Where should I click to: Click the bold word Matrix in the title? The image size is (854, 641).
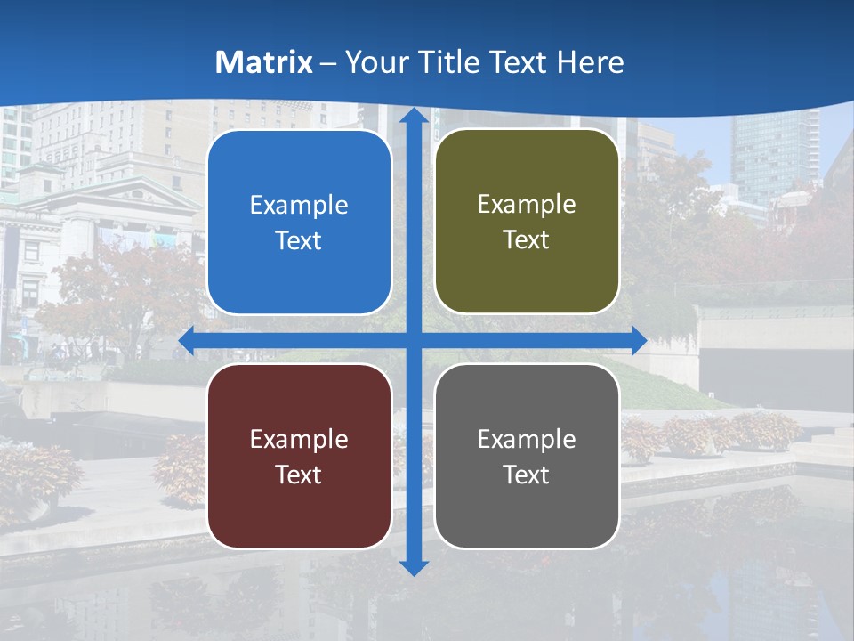click(x=264, y=62)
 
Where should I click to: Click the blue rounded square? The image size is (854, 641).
click(x=299, y=223)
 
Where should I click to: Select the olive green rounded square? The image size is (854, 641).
click(x=527, y=222)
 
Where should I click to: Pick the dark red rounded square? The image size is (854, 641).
click(x=299, y=456)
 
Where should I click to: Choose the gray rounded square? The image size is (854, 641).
click(x=527, y=456)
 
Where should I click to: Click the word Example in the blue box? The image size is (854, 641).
click(x=299, y=206)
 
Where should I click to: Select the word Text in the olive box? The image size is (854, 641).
click(x=527, y=240)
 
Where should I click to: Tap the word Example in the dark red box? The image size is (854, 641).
click(x=299, y=439)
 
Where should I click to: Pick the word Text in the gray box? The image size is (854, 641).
click(x=527, y=475)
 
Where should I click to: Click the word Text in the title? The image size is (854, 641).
click(x=520, y=62)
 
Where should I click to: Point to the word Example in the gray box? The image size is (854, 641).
click(x=527, y=439)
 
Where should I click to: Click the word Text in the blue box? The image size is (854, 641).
click(x=299, y=241)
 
